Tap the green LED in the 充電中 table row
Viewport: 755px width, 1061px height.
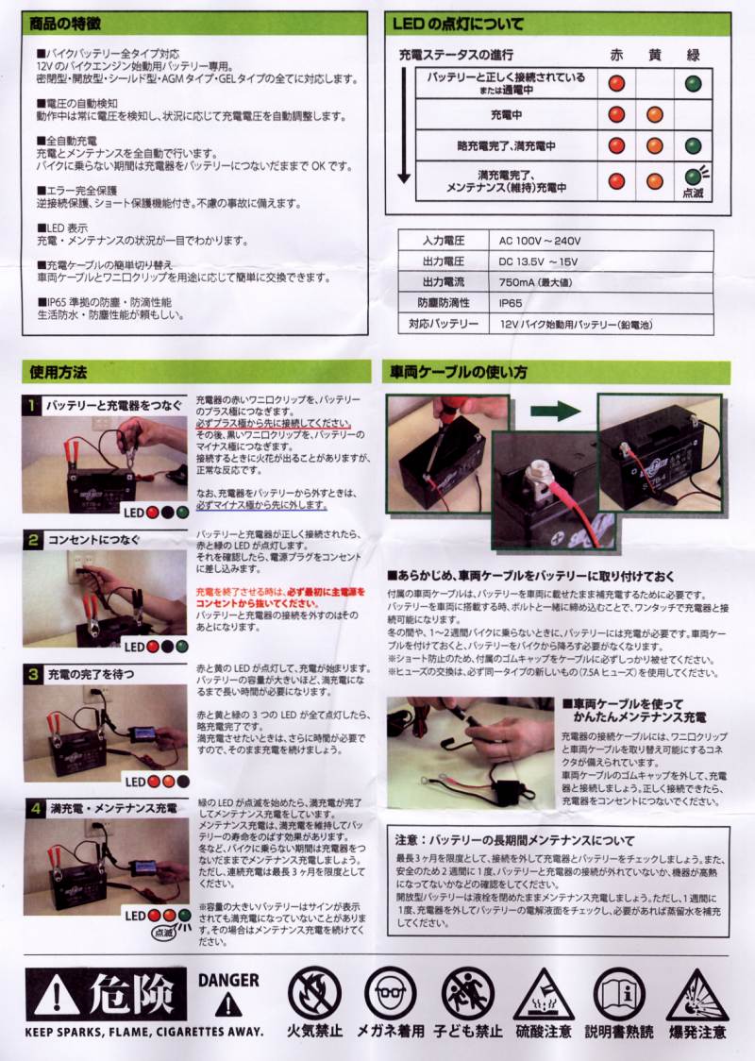(693, 115)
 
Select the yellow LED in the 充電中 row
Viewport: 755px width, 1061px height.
(655, 115)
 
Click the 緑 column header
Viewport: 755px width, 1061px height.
(693, 54)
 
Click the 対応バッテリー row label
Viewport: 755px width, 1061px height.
(441, 324)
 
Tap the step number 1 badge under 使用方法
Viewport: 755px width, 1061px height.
(32, 405)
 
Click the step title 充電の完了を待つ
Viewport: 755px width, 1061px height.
(92, 674)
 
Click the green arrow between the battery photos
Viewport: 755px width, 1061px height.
(557, 412)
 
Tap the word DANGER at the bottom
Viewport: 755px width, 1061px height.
(228, 980)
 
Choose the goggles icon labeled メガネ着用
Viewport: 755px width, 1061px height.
(390, 992)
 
